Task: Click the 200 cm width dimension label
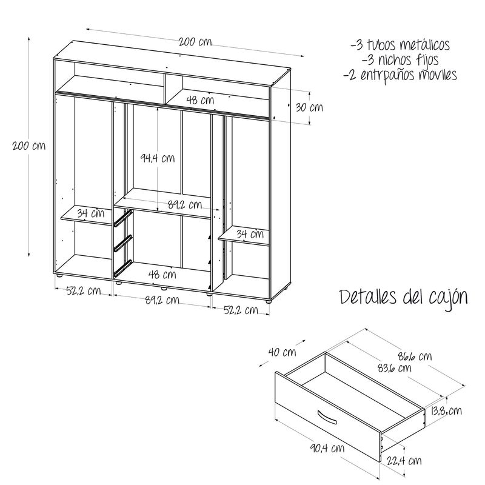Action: [195, 42]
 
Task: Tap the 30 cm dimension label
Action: [309, 108]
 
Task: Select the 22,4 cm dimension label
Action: [404, 461]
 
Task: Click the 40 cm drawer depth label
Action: [282, 352]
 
